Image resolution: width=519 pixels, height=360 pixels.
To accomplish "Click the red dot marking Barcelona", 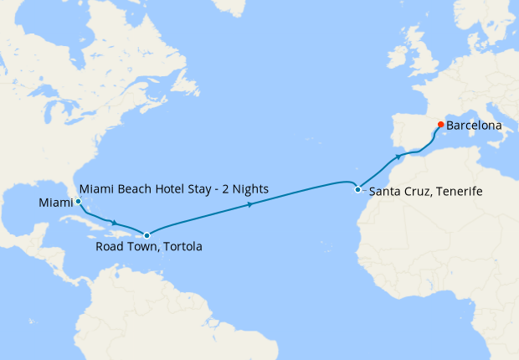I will [x=440, y=125].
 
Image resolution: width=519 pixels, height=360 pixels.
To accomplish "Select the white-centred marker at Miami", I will [x=78, y=202].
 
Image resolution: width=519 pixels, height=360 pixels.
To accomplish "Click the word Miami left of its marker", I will [x=54, y=203].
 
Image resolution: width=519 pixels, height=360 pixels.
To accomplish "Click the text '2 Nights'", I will [x=244, y=189].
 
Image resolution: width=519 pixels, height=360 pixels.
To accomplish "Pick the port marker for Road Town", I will [x=146, y=236].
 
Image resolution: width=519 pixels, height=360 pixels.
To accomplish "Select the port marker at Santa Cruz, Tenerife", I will [x=357, y=189].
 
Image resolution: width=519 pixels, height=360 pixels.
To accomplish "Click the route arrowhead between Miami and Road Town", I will [x=113, y=223].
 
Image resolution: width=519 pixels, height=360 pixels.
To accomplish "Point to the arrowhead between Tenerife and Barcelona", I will [x=397, y=157].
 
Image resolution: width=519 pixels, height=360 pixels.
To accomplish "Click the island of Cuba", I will [x=92, y=220].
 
